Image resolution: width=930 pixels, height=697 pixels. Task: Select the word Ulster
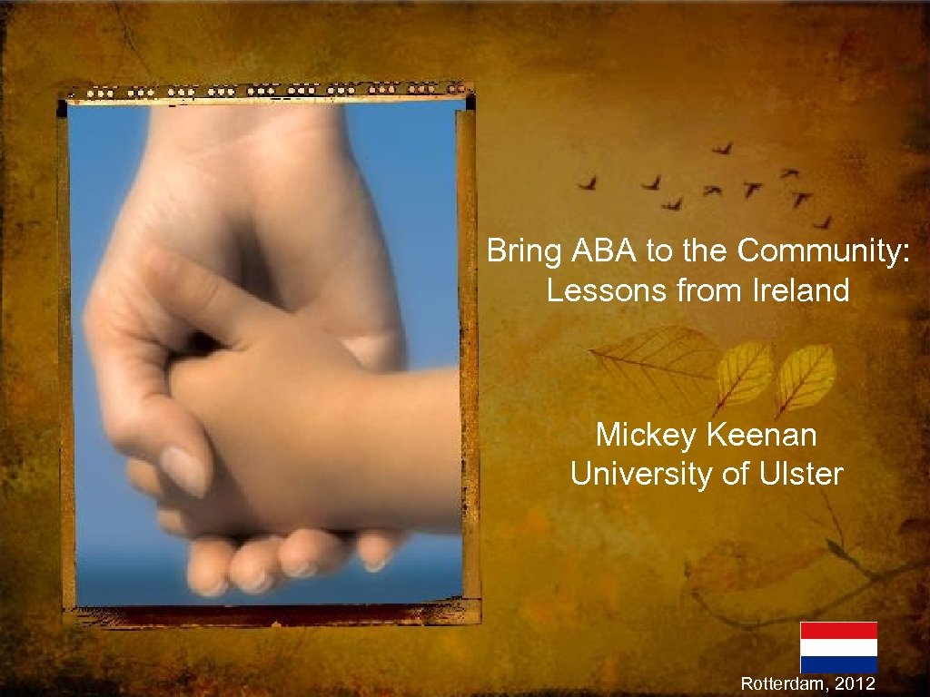click(803, 474)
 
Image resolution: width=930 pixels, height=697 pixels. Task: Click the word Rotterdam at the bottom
click(783, 683)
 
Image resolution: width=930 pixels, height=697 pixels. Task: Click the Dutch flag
click(838, 647)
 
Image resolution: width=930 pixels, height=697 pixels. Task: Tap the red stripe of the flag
click(838, 630)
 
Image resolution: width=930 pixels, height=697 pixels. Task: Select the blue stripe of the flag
click(838, 664)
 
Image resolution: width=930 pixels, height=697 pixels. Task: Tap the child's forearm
click(400, 445)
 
